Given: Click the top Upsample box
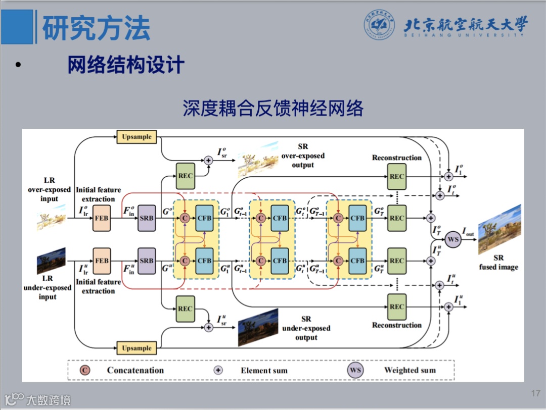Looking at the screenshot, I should pyautogui.click(x=137, y=137).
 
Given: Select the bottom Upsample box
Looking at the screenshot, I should pyautogui.click(x=137, y=348).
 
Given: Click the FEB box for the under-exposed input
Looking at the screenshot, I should pyautogui.click(x=102, y=261).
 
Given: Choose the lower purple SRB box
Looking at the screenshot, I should pyautogui.click(x=147, y=261).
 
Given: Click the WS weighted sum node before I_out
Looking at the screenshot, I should pyautogui.click(x=453, y=239).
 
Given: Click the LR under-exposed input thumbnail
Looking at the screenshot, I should pyautogui.click(x=51, y=261).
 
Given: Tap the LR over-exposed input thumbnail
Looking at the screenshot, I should pyautogui.click(x=51, y=220).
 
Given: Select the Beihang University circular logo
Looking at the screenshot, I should pyautogui.click(x=380, y=25).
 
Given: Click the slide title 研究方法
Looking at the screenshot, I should pyautogui.click(x=96, y=28).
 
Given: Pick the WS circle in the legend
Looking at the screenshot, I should pyautogui.click(x=355, y=370).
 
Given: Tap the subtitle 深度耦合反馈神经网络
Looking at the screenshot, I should pyautogui.click(x=273, y=109).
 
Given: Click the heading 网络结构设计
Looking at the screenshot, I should pyautogui.click(x=126, y=65).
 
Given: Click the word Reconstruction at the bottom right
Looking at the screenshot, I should pyautogui.click(x=397, y=325).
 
